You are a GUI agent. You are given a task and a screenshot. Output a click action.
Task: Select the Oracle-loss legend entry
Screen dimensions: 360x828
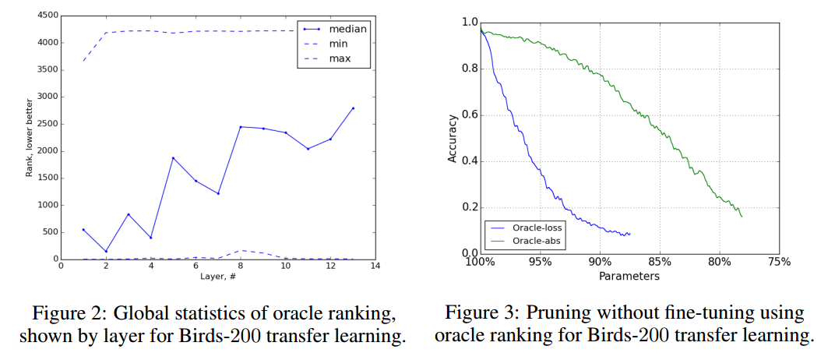537,228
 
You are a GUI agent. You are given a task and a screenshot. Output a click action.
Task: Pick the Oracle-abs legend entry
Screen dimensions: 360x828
535,241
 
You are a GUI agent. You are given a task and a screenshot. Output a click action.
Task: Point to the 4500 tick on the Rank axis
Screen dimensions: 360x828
46,16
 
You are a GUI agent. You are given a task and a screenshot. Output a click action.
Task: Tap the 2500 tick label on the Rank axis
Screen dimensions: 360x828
46,124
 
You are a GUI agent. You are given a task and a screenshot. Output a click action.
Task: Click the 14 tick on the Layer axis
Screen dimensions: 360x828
375,266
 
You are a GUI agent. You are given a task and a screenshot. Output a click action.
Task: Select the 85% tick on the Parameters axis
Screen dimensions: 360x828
659,262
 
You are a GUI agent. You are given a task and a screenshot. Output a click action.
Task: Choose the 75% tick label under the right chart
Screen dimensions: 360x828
779,262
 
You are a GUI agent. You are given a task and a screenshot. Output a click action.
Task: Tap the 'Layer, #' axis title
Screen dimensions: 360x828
217,277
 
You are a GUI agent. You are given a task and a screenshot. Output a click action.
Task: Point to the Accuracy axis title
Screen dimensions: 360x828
453,139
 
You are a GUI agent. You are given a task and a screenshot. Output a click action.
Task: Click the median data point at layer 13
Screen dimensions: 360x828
352,108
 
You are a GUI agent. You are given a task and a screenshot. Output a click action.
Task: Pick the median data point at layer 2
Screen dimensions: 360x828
106,251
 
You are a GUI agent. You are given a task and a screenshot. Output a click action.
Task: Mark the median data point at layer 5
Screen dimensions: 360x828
173,158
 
